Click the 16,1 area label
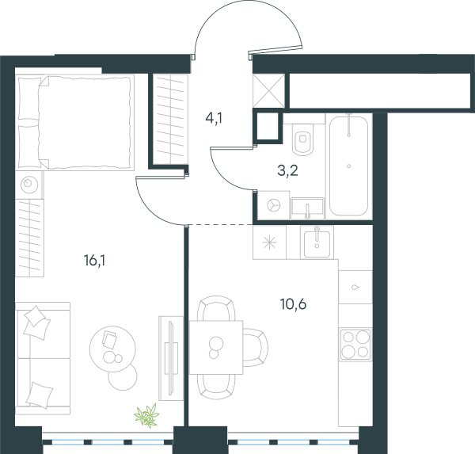[x=94, y=261]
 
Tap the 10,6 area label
[x=293, y=304]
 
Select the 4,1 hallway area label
[x=214, y=118]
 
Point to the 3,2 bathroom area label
[x=287, y=170]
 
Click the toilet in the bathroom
[x=303, y=139]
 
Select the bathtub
[x=348, y=166]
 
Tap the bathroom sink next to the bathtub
[x=307, y=208]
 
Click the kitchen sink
[x=317, y=242]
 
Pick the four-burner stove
[x=355, y=344]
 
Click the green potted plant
[x=147, y=415]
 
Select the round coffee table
[x=112, y=349]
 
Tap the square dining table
[x=216, y=347]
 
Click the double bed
[x=75, y=122]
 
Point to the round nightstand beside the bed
[x=29, y=184]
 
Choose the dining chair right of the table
[x=255, y=347]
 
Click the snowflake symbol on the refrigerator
[x=269, y=242]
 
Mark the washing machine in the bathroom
[x=274, y=205]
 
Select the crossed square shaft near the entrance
[x=268, y=90]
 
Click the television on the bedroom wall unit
[x=170, y=358]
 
